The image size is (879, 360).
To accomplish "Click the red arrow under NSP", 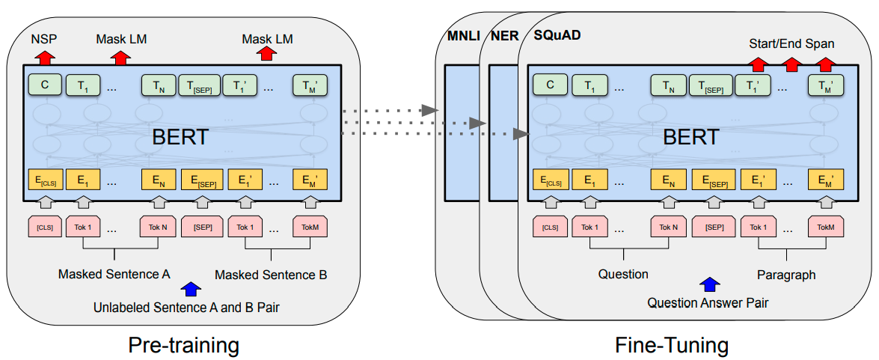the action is (46, 56).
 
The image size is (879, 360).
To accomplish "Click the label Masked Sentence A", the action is (114, 275).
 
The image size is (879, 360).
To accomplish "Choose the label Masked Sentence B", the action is (272, 275).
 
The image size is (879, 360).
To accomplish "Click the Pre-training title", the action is (184, 344).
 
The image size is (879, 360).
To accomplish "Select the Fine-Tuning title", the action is (672, 344).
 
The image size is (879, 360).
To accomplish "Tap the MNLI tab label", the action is (464, 37).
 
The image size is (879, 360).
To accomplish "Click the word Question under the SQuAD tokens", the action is (623, 274).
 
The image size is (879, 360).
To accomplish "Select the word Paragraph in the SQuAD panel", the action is (786, 275).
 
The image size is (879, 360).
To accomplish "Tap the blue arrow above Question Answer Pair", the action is (710, 284).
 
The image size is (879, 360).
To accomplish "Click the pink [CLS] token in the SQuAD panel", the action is (551, 227).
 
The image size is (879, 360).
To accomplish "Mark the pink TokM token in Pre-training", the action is (310, 227).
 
